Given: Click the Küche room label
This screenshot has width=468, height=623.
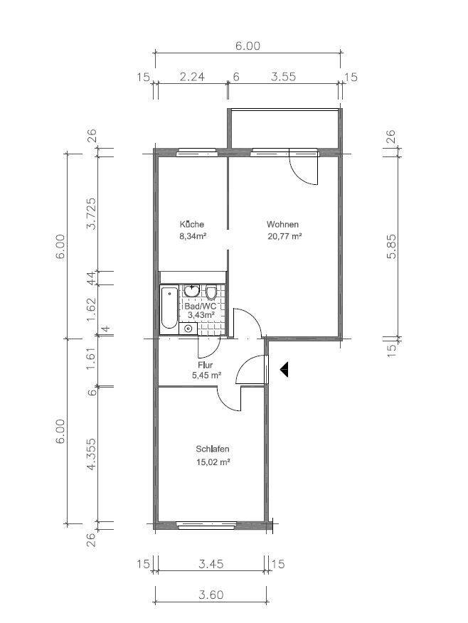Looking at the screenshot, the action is pos(192,225).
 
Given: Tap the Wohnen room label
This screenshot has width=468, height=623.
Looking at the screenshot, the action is pos(282,225).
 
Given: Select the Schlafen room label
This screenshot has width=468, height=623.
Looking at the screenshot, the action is pos(213,449).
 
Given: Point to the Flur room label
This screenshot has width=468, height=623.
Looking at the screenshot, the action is pos(205,365).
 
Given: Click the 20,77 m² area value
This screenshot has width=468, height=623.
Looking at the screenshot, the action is pos(284,237).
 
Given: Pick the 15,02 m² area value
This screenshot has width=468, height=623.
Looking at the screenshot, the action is pos(214,462).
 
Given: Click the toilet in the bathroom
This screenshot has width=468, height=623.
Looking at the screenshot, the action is pos(211,293).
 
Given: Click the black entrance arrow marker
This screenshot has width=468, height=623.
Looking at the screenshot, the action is pos(284,370).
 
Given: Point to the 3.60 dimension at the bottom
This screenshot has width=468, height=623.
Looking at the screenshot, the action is pos(211,595).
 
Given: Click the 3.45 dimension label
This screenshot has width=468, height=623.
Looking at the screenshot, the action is pos(211,563).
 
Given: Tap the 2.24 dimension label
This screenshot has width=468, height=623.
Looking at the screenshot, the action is pos(192,76).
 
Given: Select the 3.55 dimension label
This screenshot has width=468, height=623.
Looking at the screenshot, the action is pos(283,76).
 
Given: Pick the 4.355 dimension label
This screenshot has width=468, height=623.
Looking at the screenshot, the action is pos(91,454).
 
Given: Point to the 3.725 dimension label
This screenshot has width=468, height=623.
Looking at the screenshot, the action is pos(91,213).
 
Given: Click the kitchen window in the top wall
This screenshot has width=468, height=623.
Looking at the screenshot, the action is pos(196,152).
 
